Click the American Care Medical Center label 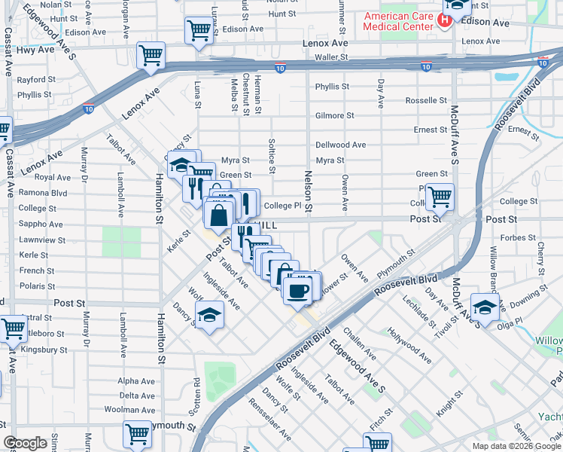coord(398,20)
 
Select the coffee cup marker coord(297,290)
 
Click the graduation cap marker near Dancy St coord(209,316)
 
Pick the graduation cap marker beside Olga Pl coord(485,307)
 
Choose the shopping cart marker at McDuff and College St coord(440,197)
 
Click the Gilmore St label coord(335,115)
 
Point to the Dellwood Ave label coord(340,145)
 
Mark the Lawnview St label coord(38,240)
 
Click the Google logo coord(26,443)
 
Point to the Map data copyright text coord(516,446)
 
